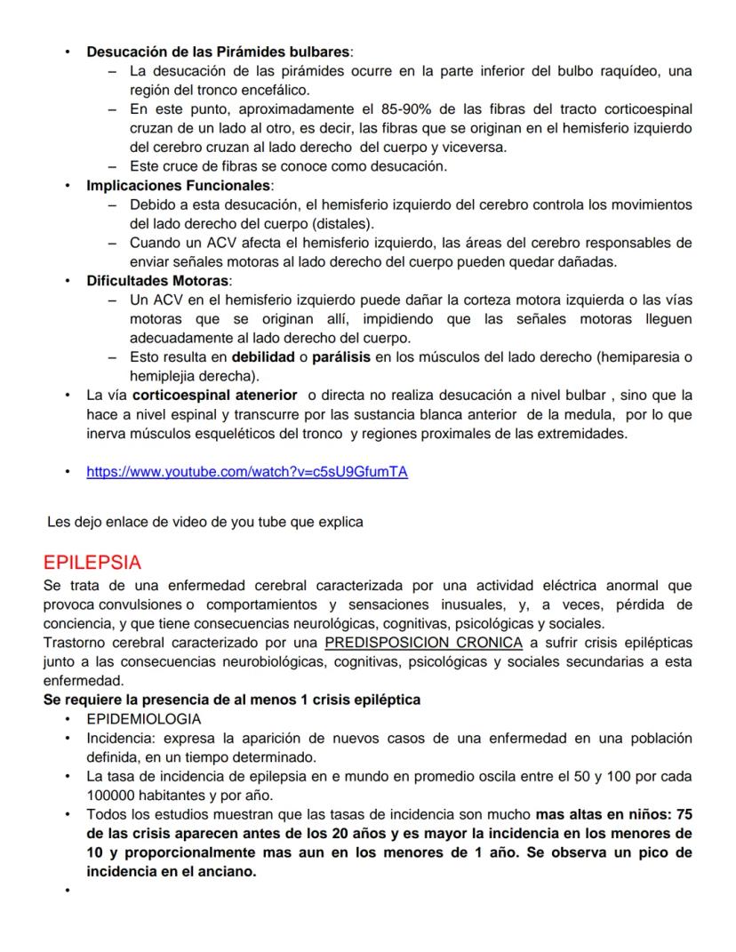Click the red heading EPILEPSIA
tap(92, 564)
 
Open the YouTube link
tap(246, 472)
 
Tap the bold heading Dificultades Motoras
tap(157, 281)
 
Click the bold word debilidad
tap(263, 357)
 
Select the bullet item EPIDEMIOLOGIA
tap(143, 719)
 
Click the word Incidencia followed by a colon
tap(118, 738)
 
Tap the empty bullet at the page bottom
tap(67, 891)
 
